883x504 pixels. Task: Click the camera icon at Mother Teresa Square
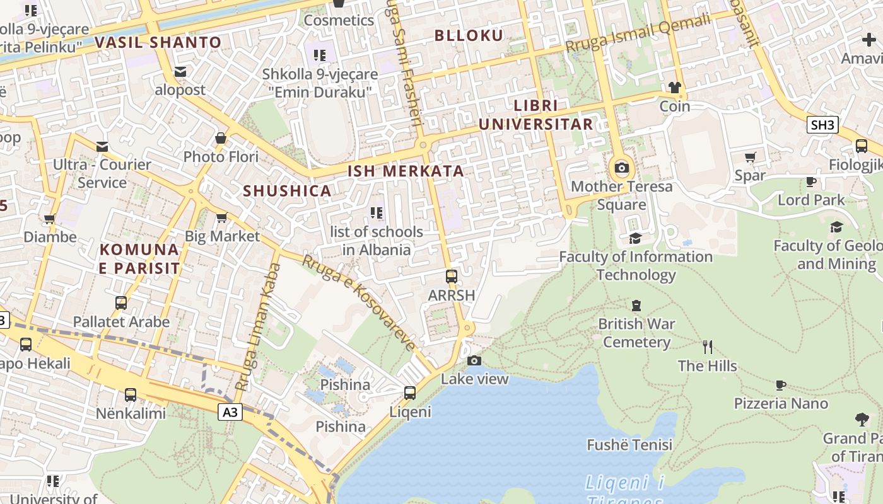(622, 168)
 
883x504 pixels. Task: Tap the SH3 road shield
(822, 125)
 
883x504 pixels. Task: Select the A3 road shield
(231, 412)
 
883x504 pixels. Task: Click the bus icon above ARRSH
(451, 276)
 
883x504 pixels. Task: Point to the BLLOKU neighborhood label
(469, 35)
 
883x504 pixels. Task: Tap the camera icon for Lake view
(474, 360)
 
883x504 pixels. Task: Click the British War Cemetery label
(636, 333)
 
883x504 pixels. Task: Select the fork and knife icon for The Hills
(708, 346)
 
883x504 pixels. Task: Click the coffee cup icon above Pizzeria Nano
(781, 385)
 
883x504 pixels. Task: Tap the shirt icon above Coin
(675, 88)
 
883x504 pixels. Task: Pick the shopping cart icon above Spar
(750, 157)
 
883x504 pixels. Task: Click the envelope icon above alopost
(180, 72)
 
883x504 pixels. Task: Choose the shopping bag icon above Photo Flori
(221, 138)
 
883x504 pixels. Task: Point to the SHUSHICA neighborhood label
(287, 191)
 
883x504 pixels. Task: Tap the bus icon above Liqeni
(410, 393)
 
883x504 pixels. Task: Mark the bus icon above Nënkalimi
(131, 395)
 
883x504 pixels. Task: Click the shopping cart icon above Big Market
(221, 218)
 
